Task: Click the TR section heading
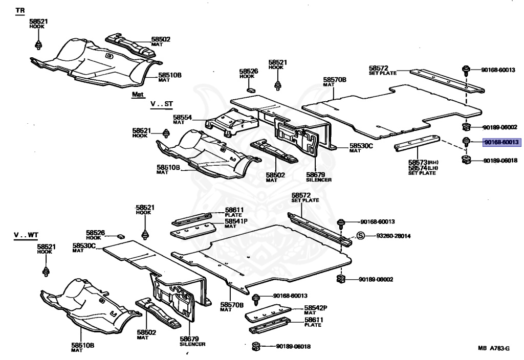[x=20, y=11]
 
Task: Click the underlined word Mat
[x=138, y=95]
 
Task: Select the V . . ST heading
[x=161, y=104]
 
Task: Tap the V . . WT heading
[x=26, y=235]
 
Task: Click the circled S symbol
[x=360, y=236]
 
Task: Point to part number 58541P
[x=236, y=221]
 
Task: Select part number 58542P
[x=316, y=308]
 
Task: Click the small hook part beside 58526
[x=121, y=236]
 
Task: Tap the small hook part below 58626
[x=250, y=89]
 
